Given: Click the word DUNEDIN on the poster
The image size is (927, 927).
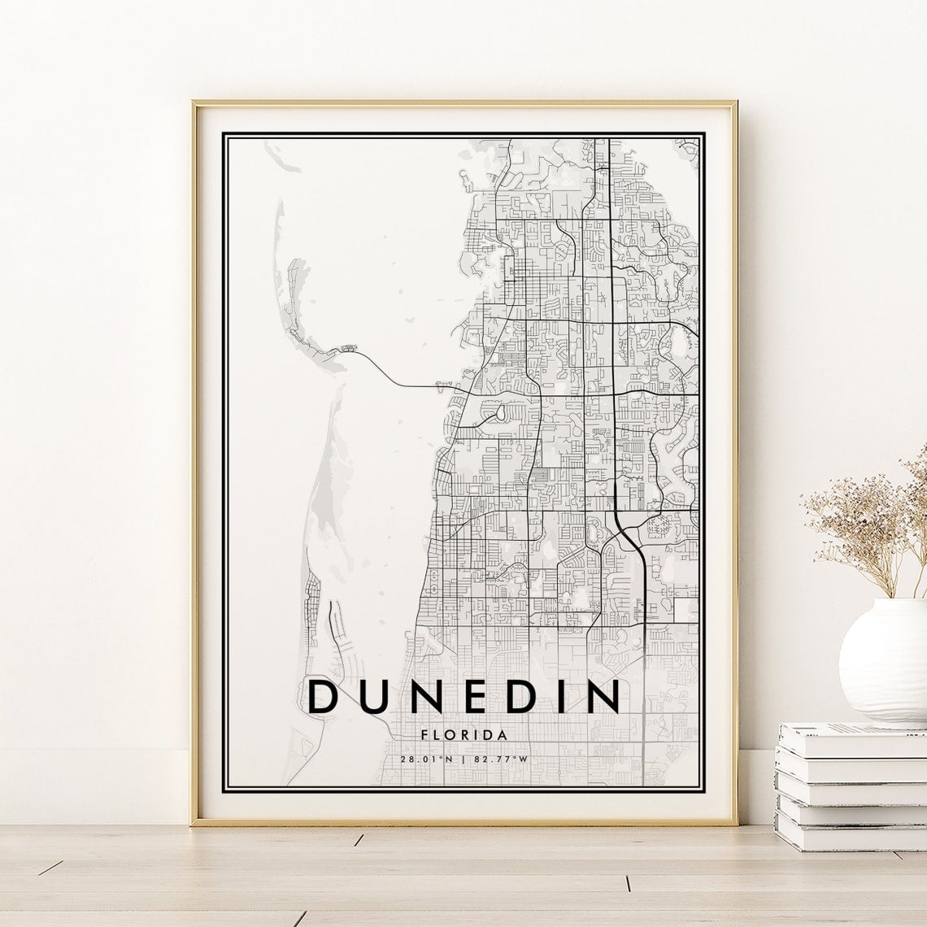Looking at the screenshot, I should pyautogui.click(x=464, y=697).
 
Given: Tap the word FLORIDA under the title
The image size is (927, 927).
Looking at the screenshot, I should pyautogui.click(x=465, y=735).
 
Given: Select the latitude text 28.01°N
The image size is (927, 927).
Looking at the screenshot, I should pyautogui.click(x=426, y=759).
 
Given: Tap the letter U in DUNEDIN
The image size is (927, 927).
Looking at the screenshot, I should pyautogui.click(x=374, y=697).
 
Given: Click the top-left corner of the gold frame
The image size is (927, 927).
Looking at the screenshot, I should pyautogui.click(x=194, y=103).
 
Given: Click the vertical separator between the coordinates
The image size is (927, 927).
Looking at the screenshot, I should pyautogui.click(x=464, y=759).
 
